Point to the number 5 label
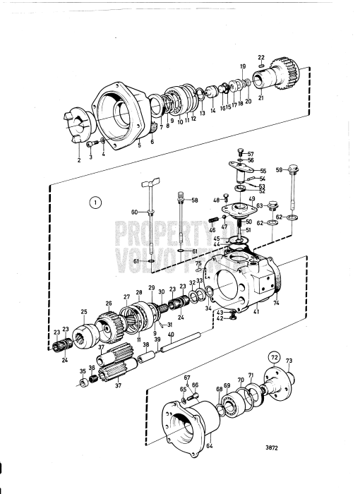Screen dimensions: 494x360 [x=139, y=145]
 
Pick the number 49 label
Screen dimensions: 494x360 [x=251, y=200]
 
